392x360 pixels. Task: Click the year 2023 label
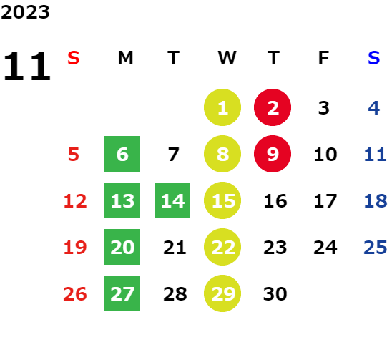[x=25, y=12]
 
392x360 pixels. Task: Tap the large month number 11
[x=27, y=66]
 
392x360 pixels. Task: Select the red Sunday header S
[x=74, y=58]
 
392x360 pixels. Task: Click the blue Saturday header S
[x=374, y=58]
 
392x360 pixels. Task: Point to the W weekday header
[x=227, y=58]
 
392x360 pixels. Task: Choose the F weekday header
[x=324, y=58]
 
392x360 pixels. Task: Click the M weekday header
[x=125, y=58]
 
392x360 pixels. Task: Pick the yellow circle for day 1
[x=222, y=107]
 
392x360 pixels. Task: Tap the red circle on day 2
[x=273, y=107]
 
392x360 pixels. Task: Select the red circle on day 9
[x=273, y=154]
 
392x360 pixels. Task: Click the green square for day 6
[x=122, y=154]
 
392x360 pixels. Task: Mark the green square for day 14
[x=172, y=200]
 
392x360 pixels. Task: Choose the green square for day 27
[x=122, y=293]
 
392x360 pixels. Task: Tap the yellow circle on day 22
[x=222, y=247]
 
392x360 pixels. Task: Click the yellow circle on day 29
[x=222, y=293]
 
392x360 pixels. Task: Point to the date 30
[x=275, y=294]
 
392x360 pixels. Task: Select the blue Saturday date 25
[x=376, y=248]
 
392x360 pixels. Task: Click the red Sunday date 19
[x=75, y=248]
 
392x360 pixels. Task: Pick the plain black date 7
[x=174, y=155]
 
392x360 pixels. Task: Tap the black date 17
[x=325, y=201]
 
